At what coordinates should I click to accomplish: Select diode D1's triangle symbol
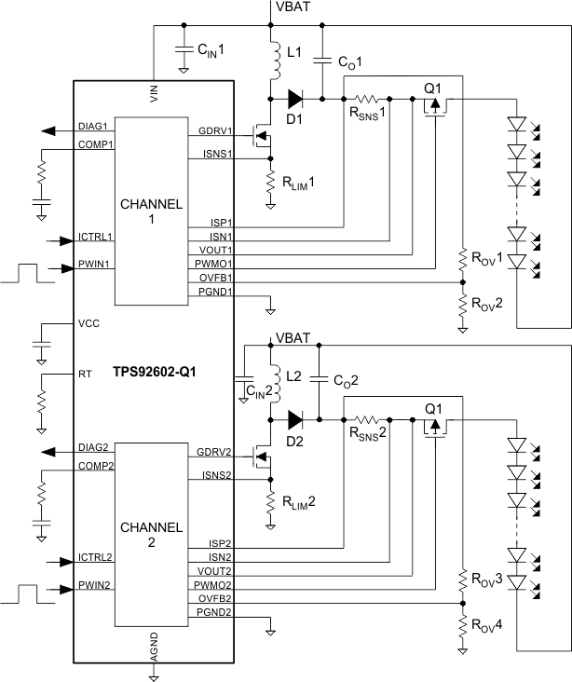[295, 96]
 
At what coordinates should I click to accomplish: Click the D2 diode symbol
[295, 419]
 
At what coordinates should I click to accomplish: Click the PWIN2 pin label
[96, 589]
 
